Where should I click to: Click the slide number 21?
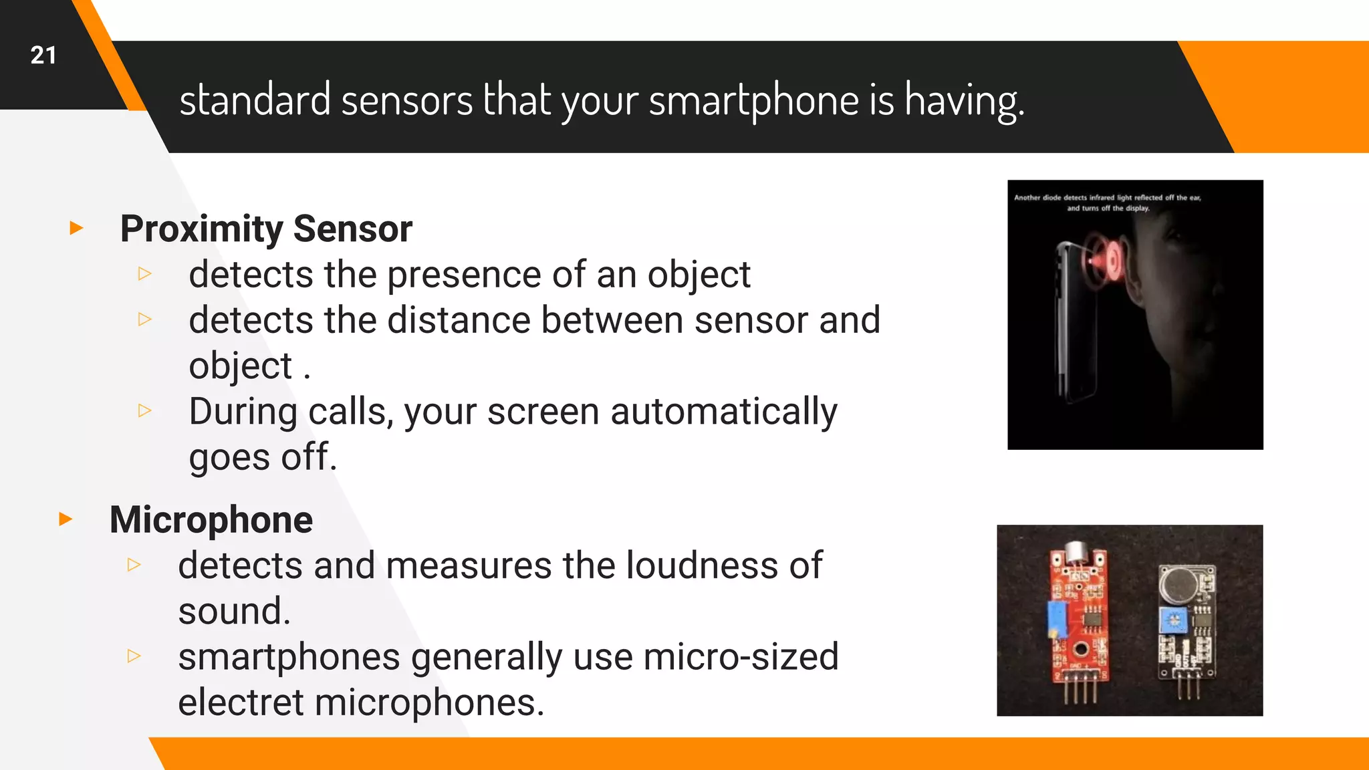pyautogui.click(x=43, y=55)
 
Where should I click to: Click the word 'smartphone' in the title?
pyautogui.click(x=753, y=100)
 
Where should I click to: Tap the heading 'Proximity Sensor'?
pyautogui.click(x=266, y=229)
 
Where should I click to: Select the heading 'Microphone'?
pyautogui.click(x=211, y=519)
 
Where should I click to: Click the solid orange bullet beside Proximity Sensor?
pyautogui.click(x=76, y=229)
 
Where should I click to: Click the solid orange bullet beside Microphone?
pyautogui.click(x=66, y=519)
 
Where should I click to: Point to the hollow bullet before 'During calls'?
pyautogui.click(x=145, y=410)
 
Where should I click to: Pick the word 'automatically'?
pyautogui.click(x=723, y=412)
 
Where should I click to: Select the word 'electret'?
pyautogui.click(x=241, y=702)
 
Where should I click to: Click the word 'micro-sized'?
pyautogui.click(x=741, y=657)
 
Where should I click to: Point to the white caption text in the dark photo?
pyautogui.click(x=1108, y=203)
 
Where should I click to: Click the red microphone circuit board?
pyautogui.click(x=1078, y=622)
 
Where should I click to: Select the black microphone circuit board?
pyautogui.click(x=1187, y=622)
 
